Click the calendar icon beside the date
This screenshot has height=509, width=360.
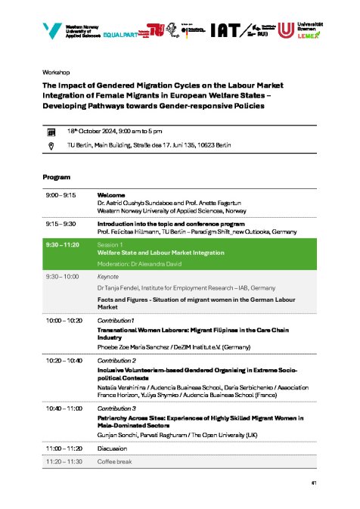[51, 132]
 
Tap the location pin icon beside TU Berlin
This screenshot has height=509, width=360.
[51, 145]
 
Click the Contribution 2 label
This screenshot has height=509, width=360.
[117, 361]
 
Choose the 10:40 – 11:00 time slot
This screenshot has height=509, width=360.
[64, 408]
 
